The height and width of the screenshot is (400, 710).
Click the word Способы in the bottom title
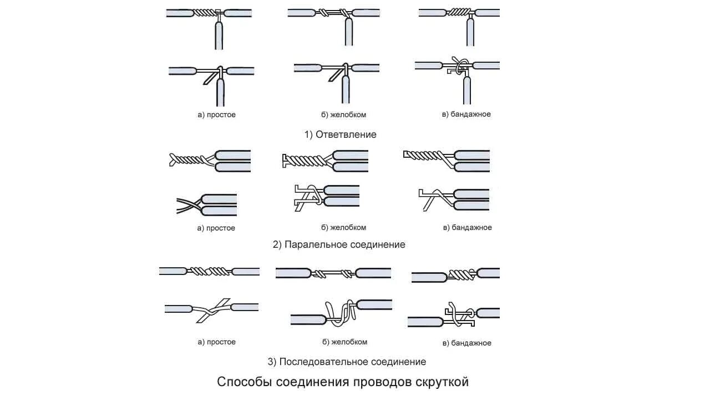(x=238, y=382)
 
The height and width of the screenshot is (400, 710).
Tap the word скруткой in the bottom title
(x=441, y=382)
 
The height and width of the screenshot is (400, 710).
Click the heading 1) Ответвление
(x=340, y=134)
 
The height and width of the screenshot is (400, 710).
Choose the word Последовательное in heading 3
(x=325, y=362)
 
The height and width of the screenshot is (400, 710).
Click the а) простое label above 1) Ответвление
(x=216, y=114)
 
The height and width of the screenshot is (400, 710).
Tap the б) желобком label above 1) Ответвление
(x=343, y=114)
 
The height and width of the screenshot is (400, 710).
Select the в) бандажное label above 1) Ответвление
(x=466, y=114)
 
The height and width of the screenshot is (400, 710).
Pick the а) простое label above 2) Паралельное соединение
(x=216, y=228)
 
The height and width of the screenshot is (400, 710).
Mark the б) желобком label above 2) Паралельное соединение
(x=343, y=227)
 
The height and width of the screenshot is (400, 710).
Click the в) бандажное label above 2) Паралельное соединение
(x=467, y=227)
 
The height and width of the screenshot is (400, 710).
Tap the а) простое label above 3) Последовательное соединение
(x=216, y=342)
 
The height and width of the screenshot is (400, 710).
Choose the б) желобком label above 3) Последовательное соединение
(x=344, y=342)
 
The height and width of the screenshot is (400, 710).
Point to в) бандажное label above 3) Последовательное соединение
(x=467, y=343)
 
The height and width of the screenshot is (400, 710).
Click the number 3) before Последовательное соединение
(x=272, y=362)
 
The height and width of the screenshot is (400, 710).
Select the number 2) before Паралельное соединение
(x=277, y=244)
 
